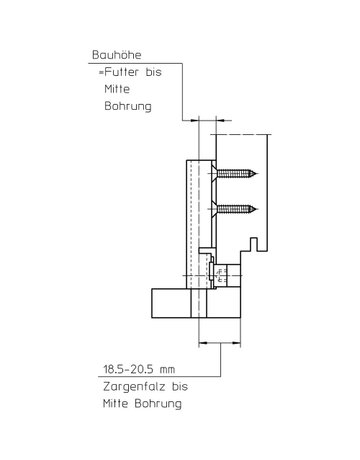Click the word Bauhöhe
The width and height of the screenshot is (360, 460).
pos(117,55)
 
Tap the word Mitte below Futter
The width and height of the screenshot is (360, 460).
pos(117,89)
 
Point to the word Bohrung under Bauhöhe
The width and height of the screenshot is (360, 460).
pos(128,106)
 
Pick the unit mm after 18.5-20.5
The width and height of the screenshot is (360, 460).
pos(167,370)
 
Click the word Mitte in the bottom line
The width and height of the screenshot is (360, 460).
pos(115,404)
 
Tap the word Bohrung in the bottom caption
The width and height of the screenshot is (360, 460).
pos(158,404)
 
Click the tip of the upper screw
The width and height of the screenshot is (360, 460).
pos(257,173)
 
